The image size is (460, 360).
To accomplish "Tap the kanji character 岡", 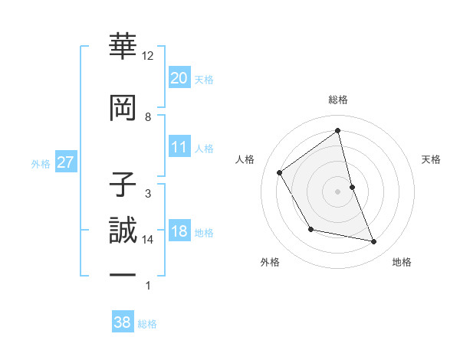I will click(123, 106).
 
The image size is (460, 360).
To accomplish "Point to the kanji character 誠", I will click(123, 229).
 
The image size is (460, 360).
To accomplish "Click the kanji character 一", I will click(123, 275).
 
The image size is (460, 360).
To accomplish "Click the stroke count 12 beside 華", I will click(148, 56).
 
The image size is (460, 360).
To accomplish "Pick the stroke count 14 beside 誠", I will click(148, 240).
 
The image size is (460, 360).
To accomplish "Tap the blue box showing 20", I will click(179, 77).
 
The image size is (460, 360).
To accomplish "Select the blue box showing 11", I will click(179, 147).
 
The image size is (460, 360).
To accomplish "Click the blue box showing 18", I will click(179, 232).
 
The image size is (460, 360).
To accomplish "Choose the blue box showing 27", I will click(66, 162).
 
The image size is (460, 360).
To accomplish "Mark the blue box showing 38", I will click(122, 322).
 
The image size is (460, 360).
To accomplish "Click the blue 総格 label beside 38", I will click(147, 324).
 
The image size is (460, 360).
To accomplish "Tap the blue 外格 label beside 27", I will click(41, 164).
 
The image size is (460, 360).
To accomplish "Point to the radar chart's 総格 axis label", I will click(338, 100).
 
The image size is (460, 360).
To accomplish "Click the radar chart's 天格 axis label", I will click(432, 159).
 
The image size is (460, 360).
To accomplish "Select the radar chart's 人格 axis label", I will click(245, 159).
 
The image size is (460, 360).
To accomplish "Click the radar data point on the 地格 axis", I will click(374, 242).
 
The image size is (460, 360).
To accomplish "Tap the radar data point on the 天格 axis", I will click(352, 187).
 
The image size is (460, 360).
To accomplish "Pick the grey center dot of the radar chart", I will click(338, 191).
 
